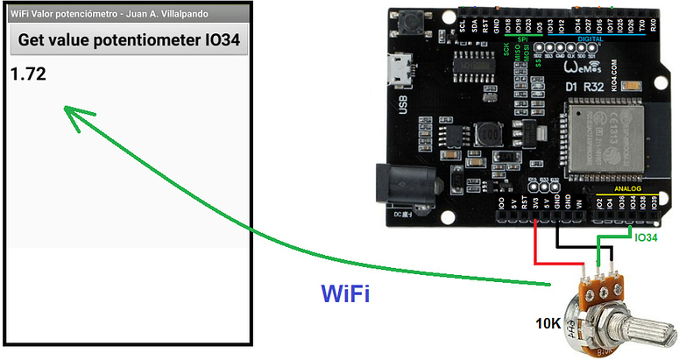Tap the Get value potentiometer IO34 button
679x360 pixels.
click(129, 40)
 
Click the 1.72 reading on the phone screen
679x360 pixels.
click(28, 74)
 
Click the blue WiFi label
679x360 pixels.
click(345, 293)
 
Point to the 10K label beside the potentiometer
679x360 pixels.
click(549, 323)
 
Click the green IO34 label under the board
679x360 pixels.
click(647, 236)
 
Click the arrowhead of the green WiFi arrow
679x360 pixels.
click(72, 116)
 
